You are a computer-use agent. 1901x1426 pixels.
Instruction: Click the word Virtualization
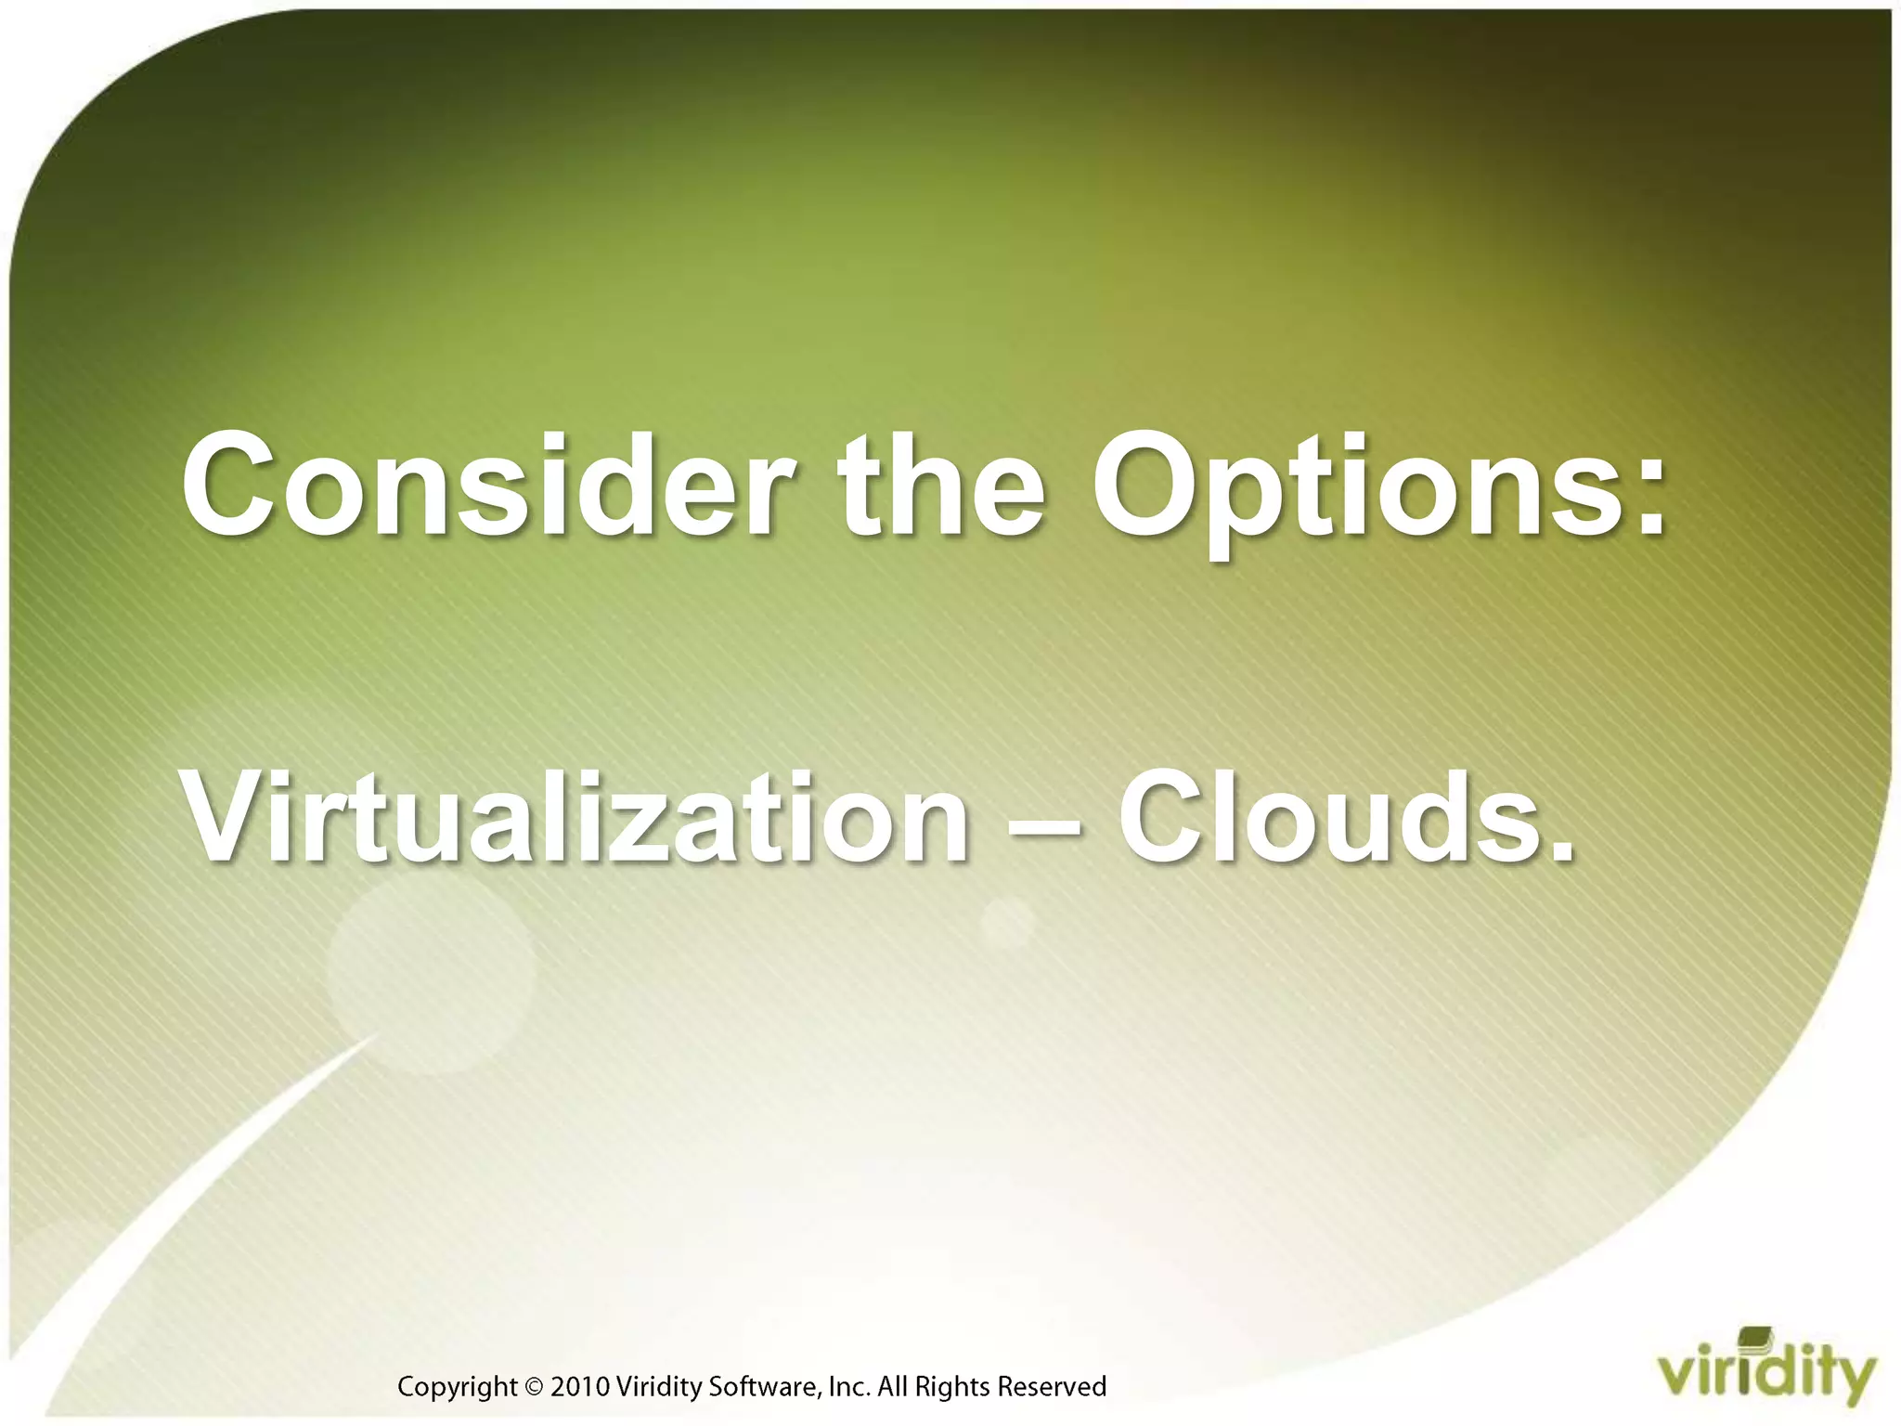pyautogui.click(x=575, y=817)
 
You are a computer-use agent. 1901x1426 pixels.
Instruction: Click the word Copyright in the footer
pyautogui.click(x=457, y=1387)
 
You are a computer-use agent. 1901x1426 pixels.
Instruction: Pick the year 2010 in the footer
pyautogui.click(x=580, y=1387)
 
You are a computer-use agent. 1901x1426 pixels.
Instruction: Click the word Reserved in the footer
pyautogui.click(x=1052, y=1387)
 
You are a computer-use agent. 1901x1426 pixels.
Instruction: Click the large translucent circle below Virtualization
pyautogui.click(x=432, y=975)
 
